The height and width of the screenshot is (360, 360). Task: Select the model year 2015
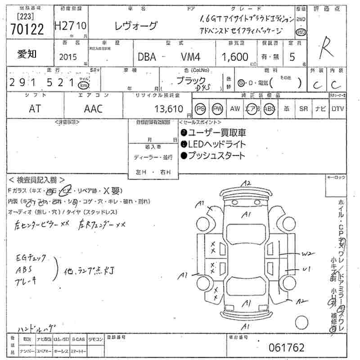(x=68, y=57)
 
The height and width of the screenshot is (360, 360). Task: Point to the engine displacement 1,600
(x=234, y=57)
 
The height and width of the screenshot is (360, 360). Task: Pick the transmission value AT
(x=35, y=108)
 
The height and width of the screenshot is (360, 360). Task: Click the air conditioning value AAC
(x=93, y=108)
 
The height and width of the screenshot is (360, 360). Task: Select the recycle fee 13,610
(x=168, y=109)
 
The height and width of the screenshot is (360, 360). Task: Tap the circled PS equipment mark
(x=201, y=109)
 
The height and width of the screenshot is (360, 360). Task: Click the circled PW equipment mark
(x=218, y=109)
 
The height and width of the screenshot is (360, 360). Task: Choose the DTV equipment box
(x=337, y=109)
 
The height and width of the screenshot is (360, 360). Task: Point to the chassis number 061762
(x=286, y=348)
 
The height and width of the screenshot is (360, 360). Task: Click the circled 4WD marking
(x=301, y=32)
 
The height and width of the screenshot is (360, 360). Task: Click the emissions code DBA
(x=147, y=57)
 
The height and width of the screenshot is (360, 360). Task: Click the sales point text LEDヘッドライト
(x=216, y=144)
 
